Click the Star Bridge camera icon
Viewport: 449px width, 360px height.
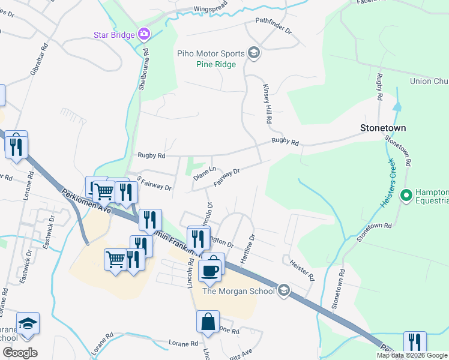coord(143,34)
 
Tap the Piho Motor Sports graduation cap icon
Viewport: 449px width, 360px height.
coord(253,53)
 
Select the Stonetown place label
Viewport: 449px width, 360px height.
coord(383,128)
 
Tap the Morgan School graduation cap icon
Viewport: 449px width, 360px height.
coord(284,291)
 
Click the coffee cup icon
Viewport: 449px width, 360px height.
coord(209,271)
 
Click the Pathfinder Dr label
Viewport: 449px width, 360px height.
coord(273,29)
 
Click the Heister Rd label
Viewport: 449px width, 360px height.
coord(302,269)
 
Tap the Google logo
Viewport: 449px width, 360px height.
coord(20,353)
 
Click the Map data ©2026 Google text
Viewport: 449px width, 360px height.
coord(412,355)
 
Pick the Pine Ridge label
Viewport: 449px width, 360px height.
coord(215,64)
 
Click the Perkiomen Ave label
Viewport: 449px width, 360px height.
coord(85,202)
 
